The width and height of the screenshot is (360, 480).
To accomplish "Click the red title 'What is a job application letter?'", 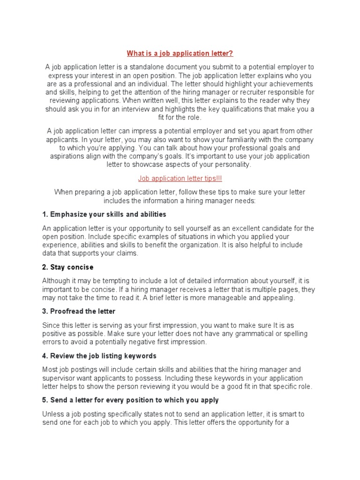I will pos(180,53).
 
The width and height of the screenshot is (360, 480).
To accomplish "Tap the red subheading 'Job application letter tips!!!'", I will pos(180,178).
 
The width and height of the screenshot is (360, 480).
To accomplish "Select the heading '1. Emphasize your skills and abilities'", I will pos(104,214).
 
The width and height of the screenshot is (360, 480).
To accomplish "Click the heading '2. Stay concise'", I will pos(67,267).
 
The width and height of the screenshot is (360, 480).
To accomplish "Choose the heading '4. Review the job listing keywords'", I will pos(99,356).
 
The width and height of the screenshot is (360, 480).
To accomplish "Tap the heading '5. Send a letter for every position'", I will pos(130,400).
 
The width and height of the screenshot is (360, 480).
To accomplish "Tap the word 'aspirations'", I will pos(69,156).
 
